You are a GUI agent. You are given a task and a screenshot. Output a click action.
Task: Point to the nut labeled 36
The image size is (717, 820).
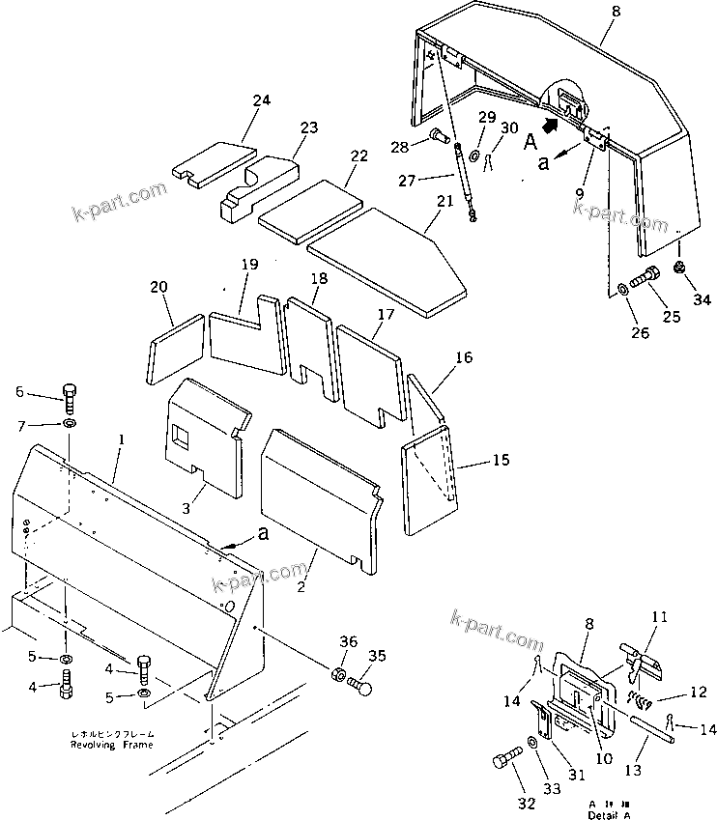340,674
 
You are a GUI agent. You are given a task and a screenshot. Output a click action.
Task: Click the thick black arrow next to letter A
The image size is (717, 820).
552,124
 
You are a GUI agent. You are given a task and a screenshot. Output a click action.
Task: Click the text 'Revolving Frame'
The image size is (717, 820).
111,746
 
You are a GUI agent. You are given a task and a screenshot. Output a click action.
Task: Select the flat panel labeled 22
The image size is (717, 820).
311,208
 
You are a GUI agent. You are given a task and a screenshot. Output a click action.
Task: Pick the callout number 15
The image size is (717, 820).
500,462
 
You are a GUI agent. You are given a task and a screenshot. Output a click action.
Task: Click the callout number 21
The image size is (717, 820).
445,201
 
